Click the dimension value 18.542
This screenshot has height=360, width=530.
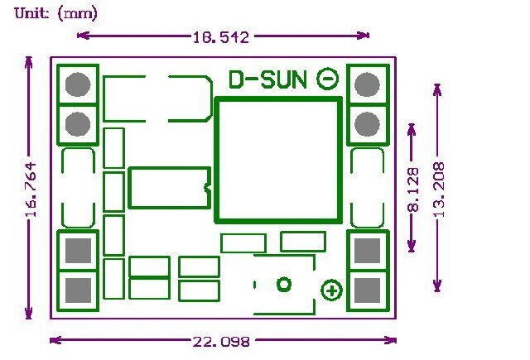pyautogui.click(x=221, y=36)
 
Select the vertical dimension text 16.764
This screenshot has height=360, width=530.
pyautogui.click(x=31, y=190)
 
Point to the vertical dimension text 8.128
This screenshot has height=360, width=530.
pyautogui.click(x=413, y=190)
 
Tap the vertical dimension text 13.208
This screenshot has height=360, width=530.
pyautogui.click(x=438, y=190)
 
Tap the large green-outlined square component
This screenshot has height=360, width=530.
pyautogui.click(x=278, y=161)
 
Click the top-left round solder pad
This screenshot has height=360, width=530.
pyautogui.click(x=78, y=84)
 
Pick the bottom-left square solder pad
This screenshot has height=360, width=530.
pyautogui.click(x=78, y=290)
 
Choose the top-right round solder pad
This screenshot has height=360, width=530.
pyautogui.click(x=367, y=84)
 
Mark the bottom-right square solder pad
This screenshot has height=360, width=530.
pyautogui.click(x=367, y=290)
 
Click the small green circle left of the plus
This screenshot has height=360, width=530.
pyautogui.click(x=284, y=285)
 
